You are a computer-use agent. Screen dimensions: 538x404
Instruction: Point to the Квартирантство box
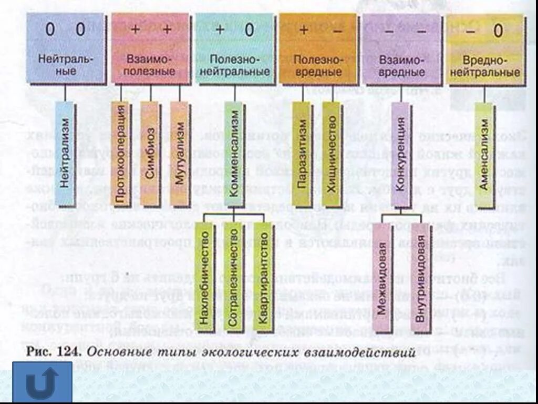pos(263,277)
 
